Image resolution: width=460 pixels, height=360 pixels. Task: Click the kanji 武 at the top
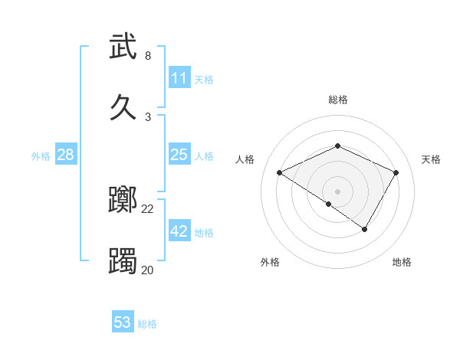[123, 47]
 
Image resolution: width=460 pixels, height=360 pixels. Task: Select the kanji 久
[123, 107]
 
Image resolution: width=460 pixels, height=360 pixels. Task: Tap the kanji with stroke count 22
[123, 201]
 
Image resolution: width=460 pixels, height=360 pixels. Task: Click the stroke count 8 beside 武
[147, 56]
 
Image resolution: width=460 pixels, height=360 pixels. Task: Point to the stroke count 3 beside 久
[147, 116]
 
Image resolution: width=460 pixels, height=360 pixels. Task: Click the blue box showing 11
[179, 78]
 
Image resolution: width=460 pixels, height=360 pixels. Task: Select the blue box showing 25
[179, 155]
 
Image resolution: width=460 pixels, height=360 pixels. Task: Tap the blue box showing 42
[179, 231]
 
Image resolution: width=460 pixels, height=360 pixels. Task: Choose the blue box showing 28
[66, 155]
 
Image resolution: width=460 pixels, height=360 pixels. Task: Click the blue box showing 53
[123, 322]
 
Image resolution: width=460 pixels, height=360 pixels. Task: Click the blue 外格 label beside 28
[41, 155]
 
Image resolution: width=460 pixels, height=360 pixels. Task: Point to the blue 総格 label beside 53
[147, 324]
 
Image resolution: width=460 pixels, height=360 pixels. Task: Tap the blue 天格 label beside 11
[204, 79]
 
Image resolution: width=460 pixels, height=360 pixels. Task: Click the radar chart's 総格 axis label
[338, 100]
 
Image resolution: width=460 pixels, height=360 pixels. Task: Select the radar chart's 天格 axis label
[432, 159]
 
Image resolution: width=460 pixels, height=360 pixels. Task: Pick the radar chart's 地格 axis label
[402, 262]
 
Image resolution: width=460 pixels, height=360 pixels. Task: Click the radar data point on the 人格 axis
[280, 172]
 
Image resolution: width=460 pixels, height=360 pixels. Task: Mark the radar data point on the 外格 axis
[329, 204]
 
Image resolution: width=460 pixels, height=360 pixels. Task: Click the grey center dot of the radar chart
[338, 191]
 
